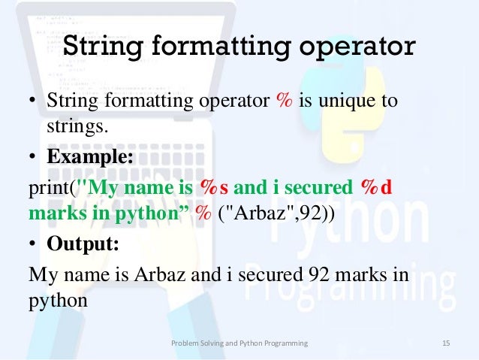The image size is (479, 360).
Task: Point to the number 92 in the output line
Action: [x=313, y=274]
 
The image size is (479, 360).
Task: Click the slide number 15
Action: [x=446, y=343]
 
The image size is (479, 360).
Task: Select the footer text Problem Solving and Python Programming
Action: [x=239, y=343]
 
